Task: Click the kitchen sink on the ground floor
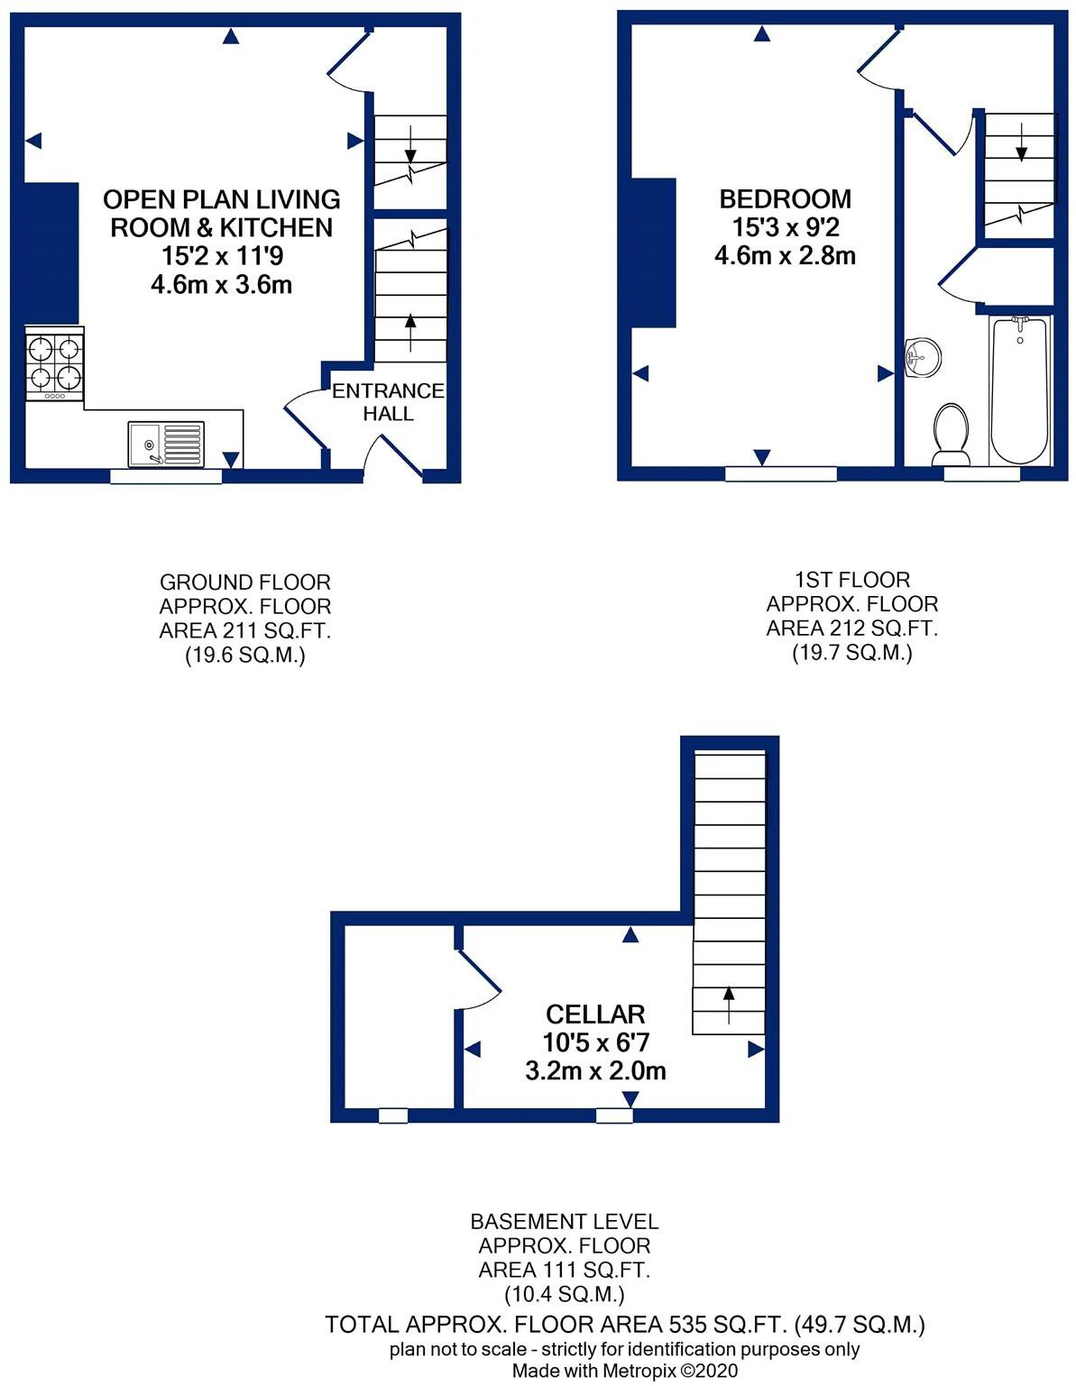pyautogui.click(x=166, y=444)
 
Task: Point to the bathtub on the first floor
pyautogui.click(x=1020, y=390)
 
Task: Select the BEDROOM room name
pyautogui.click(x=785, y=199)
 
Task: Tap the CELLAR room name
pyautogui.click(x=595, y=1014)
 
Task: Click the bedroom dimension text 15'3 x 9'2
pyautogui.click(x=785, y=227)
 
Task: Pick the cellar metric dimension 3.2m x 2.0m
pyautogui.click(x=595, y=1071)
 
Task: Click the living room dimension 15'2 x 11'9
pyautogui.click(x=222, y=256)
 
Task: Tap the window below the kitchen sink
pyautogui.click(x=166, y=476)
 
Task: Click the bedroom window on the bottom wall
pyautogui.click(x=781, y=473)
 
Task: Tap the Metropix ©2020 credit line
pyautogui.click(x=625, y=1371)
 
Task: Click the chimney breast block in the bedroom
pyautogui.click(x=654, y=252)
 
